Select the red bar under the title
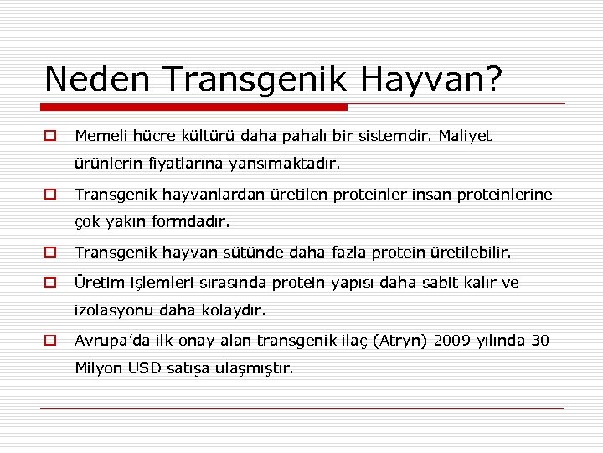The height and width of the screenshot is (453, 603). tap(195, 107)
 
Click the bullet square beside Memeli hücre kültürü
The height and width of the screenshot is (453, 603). tap(51, 135)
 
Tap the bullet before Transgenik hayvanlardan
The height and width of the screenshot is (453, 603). tap(51, 195)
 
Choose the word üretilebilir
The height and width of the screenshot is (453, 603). tap(468, 253)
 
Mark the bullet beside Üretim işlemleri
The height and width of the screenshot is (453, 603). tap(51, 282)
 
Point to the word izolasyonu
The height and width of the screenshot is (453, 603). tap(111, 310)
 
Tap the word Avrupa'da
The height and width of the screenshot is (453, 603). tap(112, 340)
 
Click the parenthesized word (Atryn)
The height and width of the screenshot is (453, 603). tap(405, 340)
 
